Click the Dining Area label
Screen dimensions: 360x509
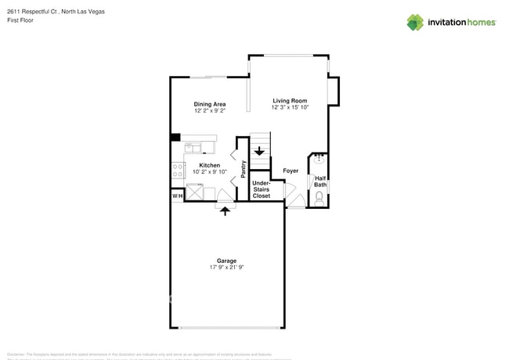210,104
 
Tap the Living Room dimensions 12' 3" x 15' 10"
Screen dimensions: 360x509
290,107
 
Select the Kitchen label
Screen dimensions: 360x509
209,165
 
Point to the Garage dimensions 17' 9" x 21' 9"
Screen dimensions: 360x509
226,268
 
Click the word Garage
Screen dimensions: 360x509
226,261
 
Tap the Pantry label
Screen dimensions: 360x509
244,169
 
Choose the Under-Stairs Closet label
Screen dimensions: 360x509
261,189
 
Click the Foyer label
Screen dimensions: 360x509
291,171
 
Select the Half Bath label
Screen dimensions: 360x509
320,182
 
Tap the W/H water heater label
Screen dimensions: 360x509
177,196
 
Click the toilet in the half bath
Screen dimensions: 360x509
319,197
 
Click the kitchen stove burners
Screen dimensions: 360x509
179,170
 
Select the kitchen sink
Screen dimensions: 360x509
193,147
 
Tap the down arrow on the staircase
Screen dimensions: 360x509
259,151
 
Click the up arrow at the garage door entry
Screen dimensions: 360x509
226,210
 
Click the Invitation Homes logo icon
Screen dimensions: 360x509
415,23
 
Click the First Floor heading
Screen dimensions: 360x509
21,21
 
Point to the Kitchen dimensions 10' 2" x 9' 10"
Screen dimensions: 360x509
209,172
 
